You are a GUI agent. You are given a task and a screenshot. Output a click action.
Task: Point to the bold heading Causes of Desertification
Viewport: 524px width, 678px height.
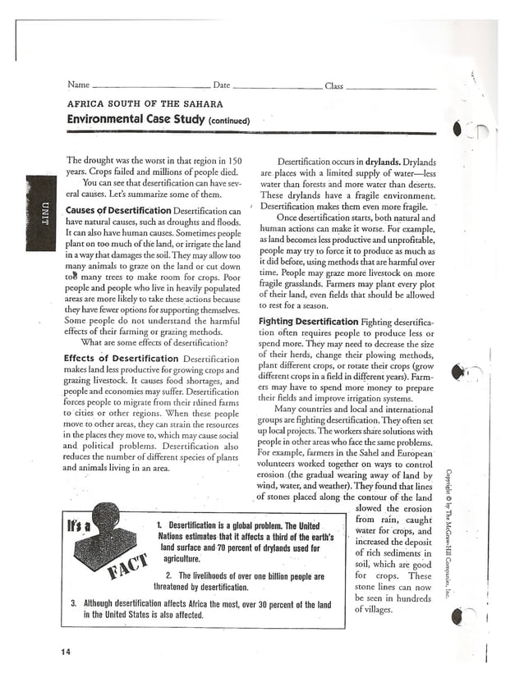[117, 211]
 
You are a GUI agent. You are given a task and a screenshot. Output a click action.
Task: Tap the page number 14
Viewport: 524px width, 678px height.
[66, 652]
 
